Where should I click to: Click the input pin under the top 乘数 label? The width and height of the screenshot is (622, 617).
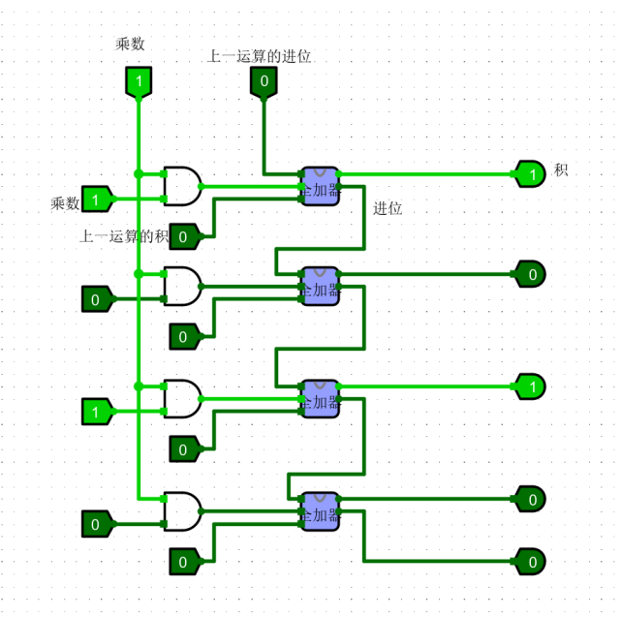[139, 82]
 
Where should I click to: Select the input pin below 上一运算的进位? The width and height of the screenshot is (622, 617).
[264, 82]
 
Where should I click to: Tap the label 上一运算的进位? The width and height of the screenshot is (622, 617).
[260, 56]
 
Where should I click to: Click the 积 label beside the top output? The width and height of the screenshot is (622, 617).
[561, 170]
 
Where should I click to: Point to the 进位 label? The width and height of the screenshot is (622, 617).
[388, 208]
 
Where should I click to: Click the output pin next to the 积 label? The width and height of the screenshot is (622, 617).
[530, 174]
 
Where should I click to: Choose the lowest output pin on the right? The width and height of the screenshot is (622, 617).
[530, 561]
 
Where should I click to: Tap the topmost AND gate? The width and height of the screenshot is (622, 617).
[182, 185]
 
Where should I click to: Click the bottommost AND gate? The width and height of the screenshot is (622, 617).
[182, 511]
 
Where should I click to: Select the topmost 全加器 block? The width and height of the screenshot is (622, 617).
[320, 185]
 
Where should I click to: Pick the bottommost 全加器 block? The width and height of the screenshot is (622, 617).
[320, 510]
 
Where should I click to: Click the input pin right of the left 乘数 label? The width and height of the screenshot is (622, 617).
[96, 200]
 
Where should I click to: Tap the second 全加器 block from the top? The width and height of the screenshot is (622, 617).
[320, 286]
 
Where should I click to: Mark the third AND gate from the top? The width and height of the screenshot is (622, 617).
[182, 398]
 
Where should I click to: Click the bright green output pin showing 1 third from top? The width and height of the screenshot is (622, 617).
[530, 386]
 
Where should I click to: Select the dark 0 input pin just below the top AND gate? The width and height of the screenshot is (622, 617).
[184, 235]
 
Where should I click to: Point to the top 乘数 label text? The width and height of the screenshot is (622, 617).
[131, 44]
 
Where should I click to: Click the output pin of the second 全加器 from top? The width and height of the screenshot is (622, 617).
[530, 274]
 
